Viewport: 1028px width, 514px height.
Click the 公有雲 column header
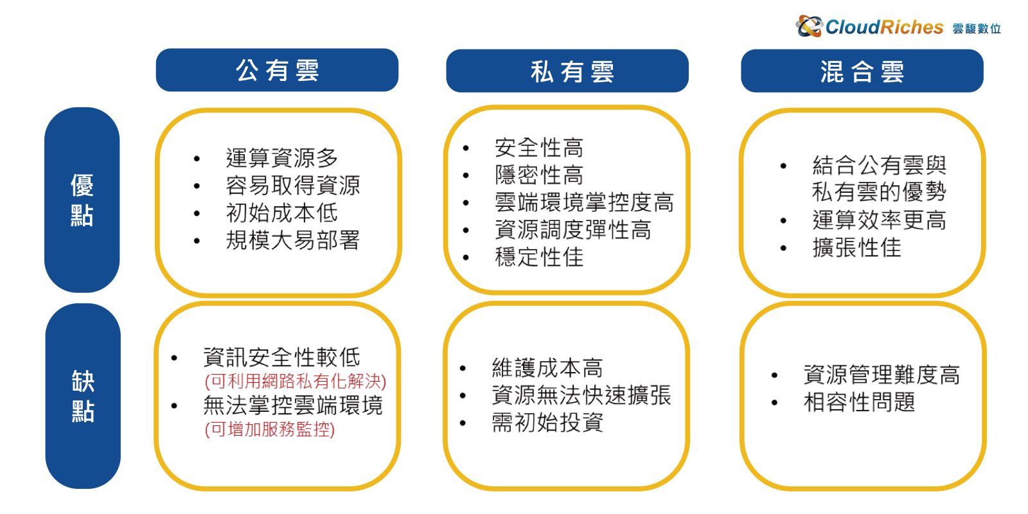click(x=277, y=70)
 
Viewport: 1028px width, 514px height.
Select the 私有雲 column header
click(x=567, y=71)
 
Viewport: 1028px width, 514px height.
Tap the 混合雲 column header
click(x=862, y=71)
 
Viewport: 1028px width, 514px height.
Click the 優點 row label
click(x=82, y=200)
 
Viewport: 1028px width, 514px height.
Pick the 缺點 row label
click(x=83, y=396)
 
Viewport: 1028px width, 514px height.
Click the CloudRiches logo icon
click(x=809, y=26)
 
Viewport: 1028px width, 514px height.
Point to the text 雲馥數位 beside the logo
click(x=976, y=29)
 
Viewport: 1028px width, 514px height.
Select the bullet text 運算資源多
click(x=282, y=158)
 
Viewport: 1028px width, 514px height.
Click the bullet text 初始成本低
click(x=282, y=213)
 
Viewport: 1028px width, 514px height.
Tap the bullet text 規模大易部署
click(x=293, y=240)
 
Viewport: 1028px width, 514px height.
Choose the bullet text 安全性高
click(x=539, y=148)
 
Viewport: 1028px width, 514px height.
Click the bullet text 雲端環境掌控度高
click(x=584, y=202)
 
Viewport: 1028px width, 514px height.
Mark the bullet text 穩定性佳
click(x=539, y=257)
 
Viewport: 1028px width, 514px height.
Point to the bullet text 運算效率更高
click(x=880, y=220)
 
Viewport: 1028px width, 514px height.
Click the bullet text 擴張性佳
click(x=857, y=248)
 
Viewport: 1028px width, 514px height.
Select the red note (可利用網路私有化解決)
click(x=296, y=382)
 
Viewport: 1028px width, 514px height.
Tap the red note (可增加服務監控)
click(x=270, y=429)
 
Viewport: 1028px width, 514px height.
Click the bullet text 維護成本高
click(x=547, y=368)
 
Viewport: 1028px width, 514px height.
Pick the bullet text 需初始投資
click(x=547, y=423)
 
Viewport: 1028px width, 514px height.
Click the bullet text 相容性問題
click(x=860, y=402)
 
